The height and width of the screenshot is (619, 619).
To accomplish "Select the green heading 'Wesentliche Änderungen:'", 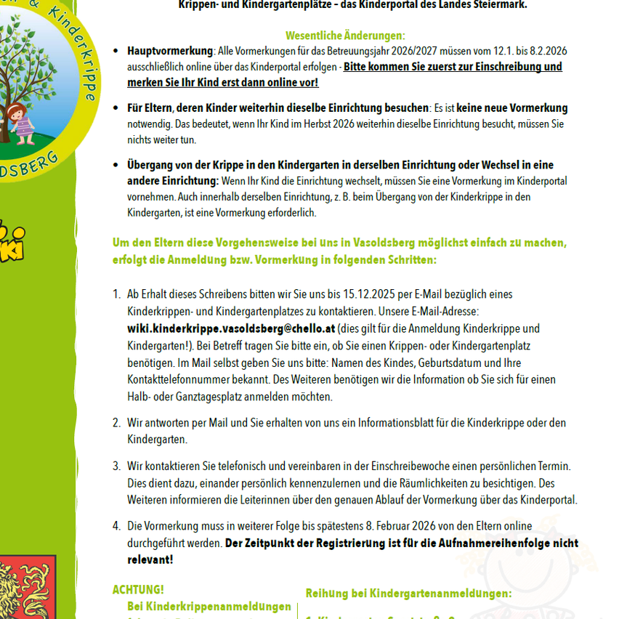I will pyautogui.click(x=345, y=36).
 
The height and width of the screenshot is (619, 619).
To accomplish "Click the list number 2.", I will pyautogui.click(x=116, y=423).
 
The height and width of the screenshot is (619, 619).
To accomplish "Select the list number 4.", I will pyautogui.click(x=116, y=526).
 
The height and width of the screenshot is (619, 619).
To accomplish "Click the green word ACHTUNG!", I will pyautogui.click(x=138, y=589).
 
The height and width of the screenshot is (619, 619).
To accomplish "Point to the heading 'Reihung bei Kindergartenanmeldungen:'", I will pyautogui.click(x=408, y=594).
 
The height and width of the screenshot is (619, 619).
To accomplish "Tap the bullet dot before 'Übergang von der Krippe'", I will pyautogui.click(x=116, y=165).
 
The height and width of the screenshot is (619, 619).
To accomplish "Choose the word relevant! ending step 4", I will pyautogui.click(x=150, y=559).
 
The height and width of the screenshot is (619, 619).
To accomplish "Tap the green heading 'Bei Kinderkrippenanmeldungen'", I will pyautogui.click(x=209, y=607).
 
